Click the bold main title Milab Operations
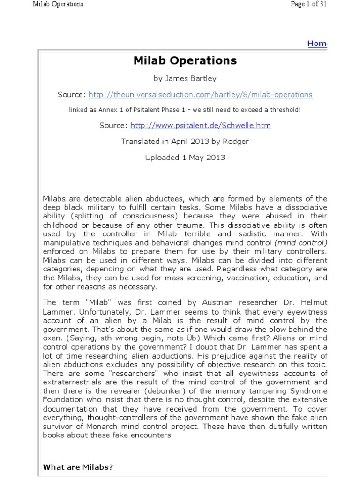[x=185, y=61]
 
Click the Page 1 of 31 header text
[x=304, y=4]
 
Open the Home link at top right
[x=317, y=44]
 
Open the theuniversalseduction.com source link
[x=200, y=95]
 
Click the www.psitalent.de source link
[x=200, y=126]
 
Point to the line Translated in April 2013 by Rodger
[x=185, y=141]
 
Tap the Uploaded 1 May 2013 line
[x=185, y=157]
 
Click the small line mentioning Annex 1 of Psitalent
[x=185, y=110]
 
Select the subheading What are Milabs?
[x=78, y=467]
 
